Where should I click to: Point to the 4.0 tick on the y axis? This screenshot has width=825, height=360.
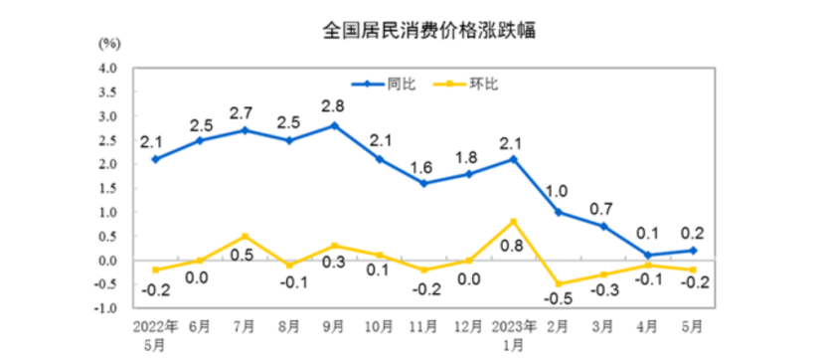coord(105,68)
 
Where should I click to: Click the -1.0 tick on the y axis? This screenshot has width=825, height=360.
coord(103,308)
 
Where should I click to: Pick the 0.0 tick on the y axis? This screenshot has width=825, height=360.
coord(105,261)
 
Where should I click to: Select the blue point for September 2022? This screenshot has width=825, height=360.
coord(334,125)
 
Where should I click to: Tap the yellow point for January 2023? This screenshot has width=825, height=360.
coord(512,221)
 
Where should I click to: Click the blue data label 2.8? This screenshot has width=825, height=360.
coord(334,106)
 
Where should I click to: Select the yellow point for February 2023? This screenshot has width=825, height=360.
coord(558,284)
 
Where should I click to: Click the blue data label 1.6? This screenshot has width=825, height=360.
coord(423,164)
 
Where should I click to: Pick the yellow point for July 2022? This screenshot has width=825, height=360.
coord(245,236)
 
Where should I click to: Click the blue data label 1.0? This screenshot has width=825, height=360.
coord(558,192)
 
